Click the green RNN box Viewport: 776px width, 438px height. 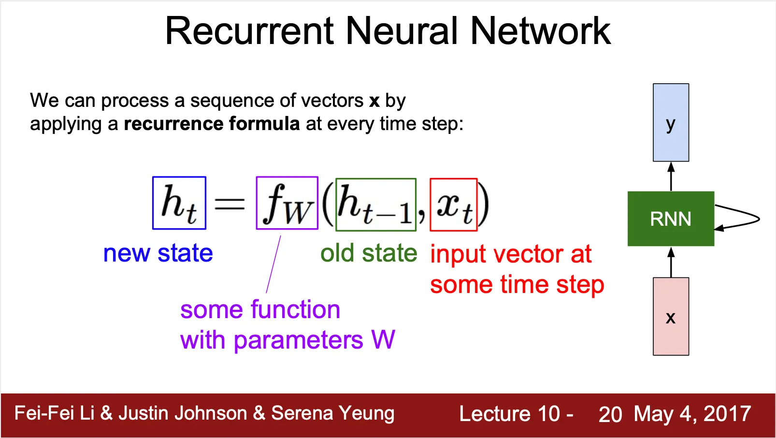(670, 219)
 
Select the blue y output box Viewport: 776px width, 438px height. (671, 122)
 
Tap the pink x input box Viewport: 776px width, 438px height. (671, 316)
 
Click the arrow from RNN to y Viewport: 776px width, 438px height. (671, 176)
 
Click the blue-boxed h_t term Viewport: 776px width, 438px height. (179, 203)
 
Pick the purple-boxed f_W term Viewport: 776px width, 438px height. (287, 203)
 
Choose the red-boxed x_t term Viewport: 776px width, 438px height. (453, 204)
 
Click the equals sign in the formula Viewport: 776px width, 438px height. (230, 204)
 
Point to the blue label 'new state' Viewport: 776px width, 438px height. (158, 253)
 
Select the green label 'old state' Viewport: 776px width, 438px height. (369, 253)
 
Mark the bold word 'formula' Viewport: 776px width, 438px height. (264, 124)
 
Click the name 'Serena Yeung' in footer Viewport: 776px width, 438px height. (332, 413)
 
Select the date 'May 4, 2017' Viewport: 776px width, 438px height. (692, 414)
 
